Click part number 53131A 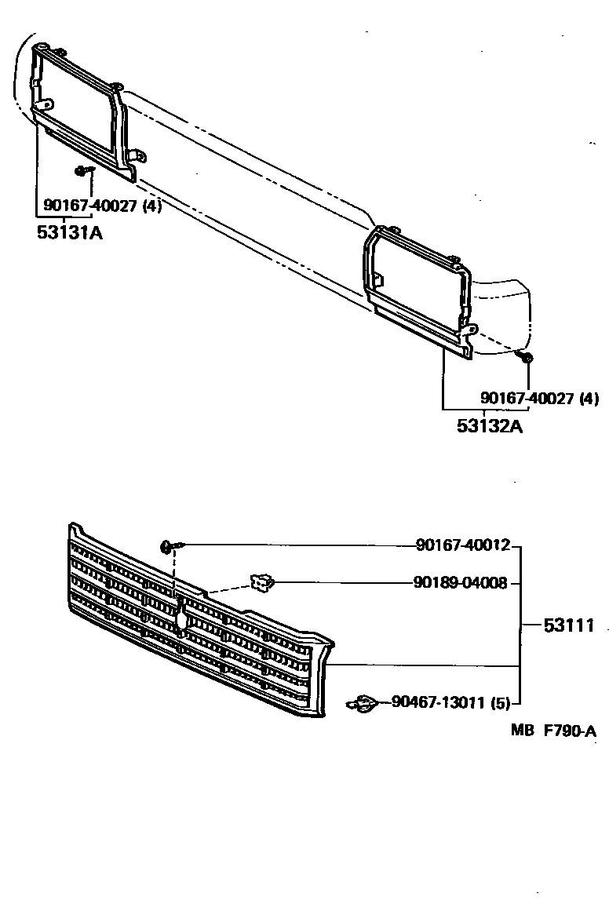coord(70,232)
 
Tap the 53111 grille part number coord(567,625)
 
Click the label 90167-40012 coord(463,545)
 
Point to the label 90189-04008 coord(461,582)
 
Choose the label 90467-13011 coord(438,702)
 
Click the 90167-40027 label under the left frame coord(92,206)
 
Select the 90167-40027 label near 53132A coord(527,399)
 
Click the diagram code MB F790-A coord(553,731)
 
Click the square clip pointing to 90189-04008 coord(262,582)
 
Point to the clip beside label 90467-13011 coord(363,704)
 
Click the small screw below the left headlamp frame coord(82,170)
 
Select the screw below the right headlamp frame coord(527,358)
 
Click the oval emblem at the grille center coord(182,618)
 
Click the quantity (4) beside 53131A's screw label coord(152,206)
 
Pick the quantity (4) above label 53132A coord(589,399)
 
